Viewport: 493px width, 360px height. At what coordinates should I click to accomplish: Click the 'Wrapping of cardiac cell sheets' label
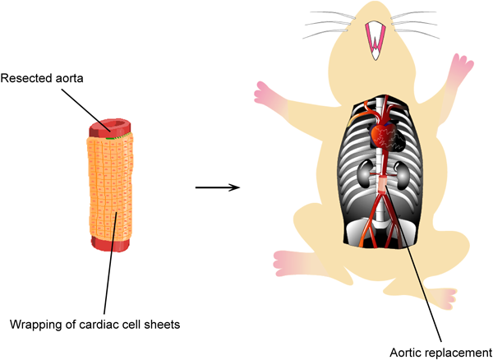click(94, 323)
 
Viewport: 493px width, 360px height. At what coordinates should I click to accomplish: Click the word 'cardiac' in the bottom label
click(99, 323)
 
